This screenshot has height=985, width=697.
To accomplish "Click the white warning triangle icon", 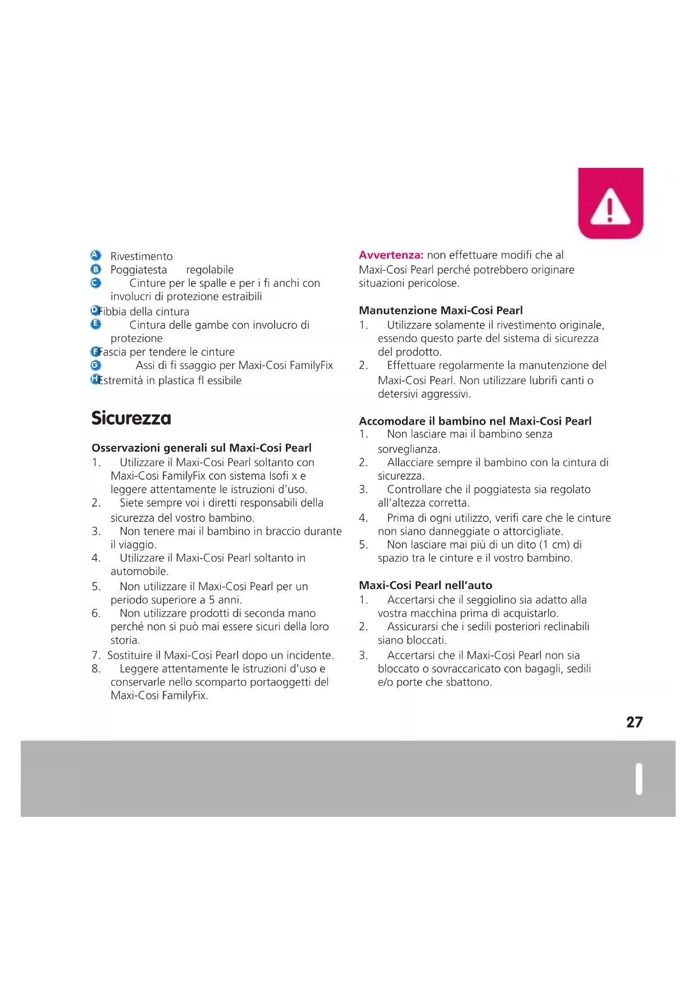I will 611,207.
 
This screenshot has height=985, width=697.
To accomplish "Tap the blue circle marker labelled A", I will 95,256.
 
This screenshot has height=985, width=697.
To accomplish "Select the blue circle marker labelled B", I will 95,270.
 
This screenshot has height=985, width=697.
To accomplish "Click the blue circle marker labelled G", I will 95,365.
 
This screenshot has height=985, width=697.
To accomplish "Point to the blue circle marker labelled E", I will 95,324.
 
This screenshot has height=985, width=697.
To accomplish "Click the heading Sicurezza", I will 131,418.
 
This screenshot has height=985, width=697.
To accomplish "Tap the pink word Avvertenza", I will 391,255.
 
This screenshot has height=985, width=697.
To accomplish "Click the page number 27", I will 634,722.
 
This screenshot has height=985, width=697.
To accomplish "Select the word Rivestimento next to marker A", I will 142,257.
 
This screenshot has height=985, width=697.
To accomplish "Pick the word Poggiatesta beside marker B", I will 139,270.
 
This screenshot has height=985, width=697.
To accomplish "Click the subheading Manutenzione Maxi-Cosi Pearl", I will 440,311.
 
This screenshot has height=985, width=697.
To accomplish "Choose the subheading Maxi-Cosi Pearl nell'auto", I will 425,585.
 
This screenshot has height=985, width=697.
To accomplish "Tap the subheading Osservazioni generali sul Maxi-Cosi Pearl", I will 201,448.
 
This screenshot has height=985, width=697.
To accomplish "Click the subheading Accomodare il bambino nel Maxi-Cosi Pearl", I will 475,421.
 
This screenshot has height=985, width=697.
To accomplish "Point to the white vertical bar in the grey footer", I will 639,779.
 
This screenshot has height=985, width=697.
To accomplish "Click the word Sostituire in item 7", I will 130,655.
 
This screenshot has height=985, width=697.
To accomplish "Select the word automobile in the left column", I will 139,572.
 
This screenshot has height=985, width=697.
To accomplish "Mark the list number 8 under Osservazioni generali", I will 96,669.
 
